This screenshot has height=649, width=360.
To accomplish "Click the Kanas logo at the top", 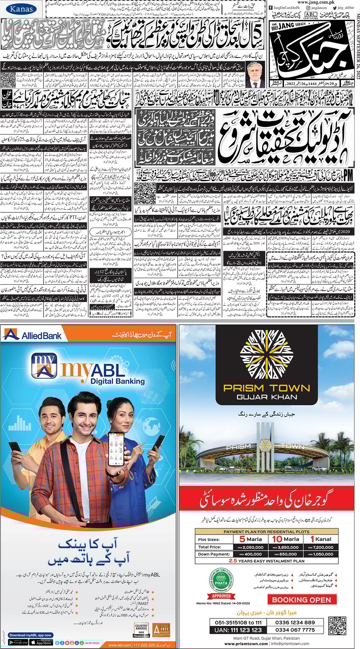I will pos(21,9).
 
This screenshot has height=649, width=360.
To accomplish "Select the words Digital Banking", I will pos(117,381).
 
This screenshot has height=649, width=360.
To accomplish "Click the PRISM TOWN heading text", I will pos(266,388).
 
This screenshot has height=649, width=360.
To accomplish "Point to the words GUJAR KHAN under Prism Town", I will pos(267,397).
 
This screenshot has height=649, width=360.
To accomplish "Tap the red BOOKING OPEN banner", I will pos(301,600).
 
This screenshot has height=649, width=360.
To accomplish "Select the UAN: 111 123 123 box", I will pos(238,630).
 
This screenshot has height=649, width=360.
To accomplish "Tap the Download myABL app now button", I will pos(30,635).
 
